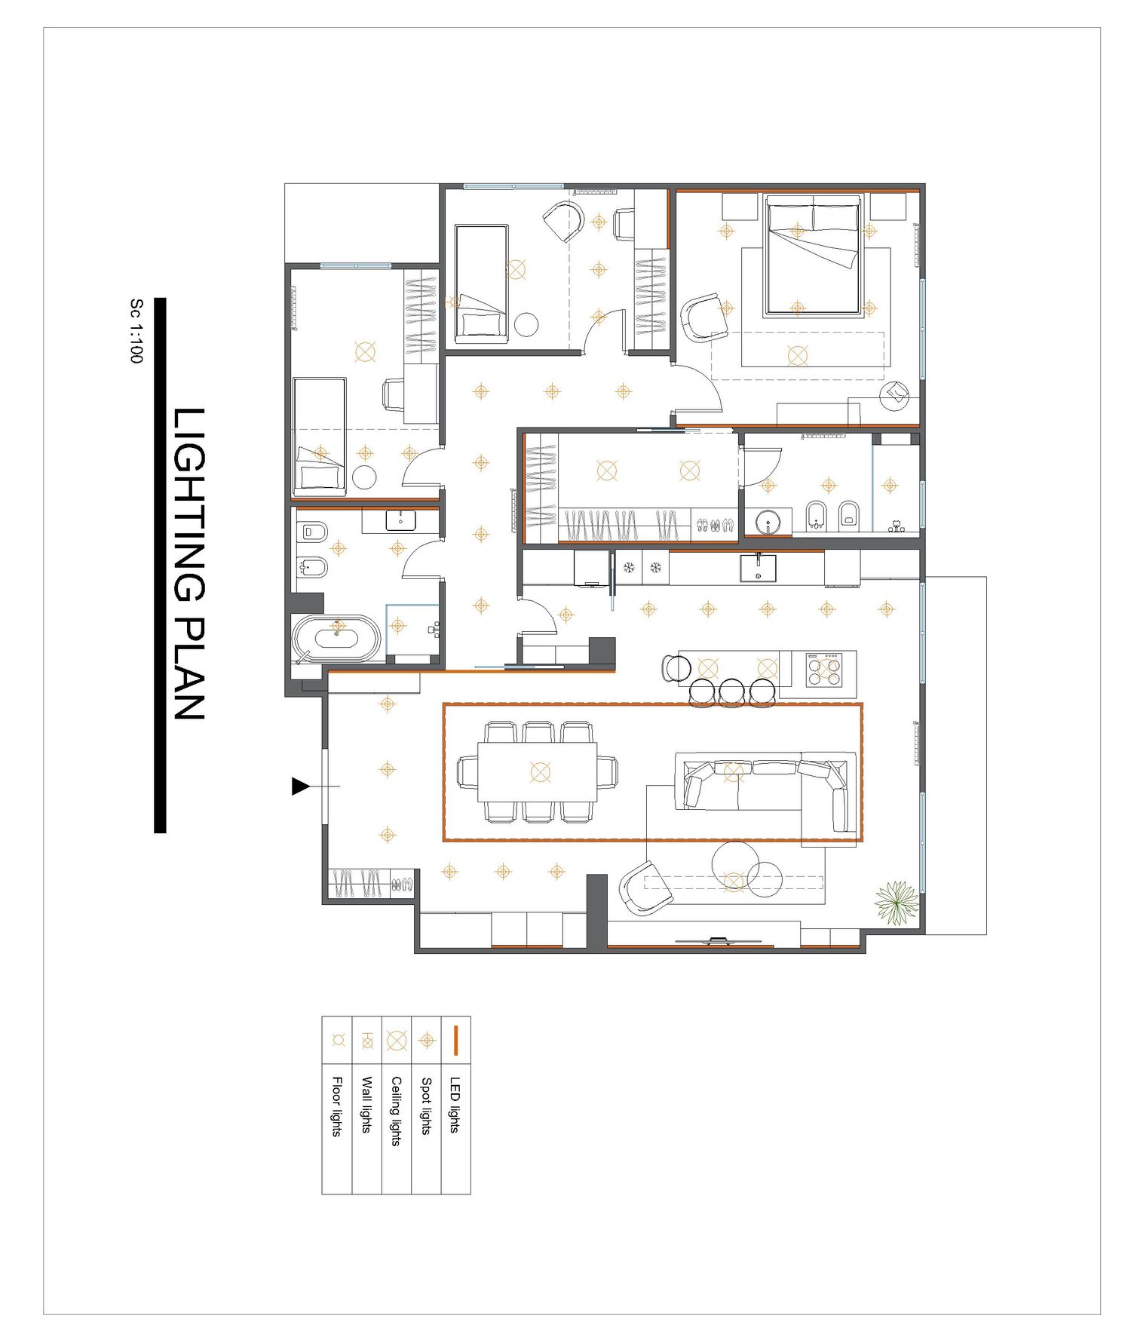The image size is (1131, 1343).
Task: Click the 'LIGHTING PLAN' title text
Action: tap(189, 564)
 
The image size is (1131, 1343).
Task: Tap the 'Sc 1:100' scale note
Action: tap(136, 331)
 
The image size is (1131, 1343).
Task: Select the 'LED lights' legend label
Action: tap(455, 1104)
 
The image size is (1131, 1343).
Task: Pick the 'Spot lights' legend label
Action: tap(426, 1105)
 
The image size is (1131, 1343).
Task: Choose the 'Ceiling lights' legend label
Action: tap(396, 1111)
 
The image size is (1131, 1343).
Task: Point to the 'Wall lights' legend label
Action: tap(366, 1105)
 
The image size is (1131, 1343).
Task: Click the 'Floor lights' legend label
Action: tap(336, 1106)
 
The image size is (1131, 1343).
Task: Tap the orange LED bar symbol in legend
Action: tap(455, 1040)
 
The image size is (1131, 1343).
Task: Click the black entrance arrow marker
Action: tap(301, 786)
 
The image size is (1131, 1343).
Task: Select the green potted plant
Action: tap(897, 903)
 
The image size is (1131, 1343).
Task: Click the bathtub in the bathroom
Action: tap(337, 639)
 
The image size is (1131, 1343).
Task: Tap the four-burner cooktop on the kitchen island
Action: tap(824, 670)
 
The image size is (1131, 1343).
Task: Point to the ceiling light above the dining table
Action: tap(541, 771)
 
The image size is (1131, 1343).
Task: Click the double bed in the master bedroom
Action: tap(813, 255)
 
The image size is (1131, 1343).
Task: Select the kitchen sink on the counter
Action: tap(758, 568)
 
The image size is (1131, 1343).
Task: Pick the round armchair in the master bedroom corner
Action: tap(896, 394)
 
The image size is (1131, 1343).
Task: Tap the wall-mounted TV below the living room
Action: tap(719, 941)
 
